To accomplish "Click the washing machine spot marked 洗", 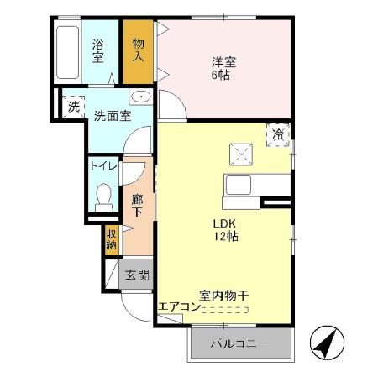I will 73,107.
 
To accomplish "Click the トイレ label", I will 104,165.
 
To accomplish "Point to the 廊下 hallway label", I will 138,205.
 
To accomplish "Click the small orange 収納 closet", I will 111,239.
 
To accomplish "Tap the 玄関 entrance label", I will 138,274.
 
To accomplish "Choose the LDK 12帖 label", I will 226,230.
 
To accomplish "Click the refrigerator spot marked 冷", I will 278,134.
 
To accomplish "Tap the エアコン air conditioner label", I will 178,306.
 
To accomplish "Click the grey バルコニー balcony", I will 239,343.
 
